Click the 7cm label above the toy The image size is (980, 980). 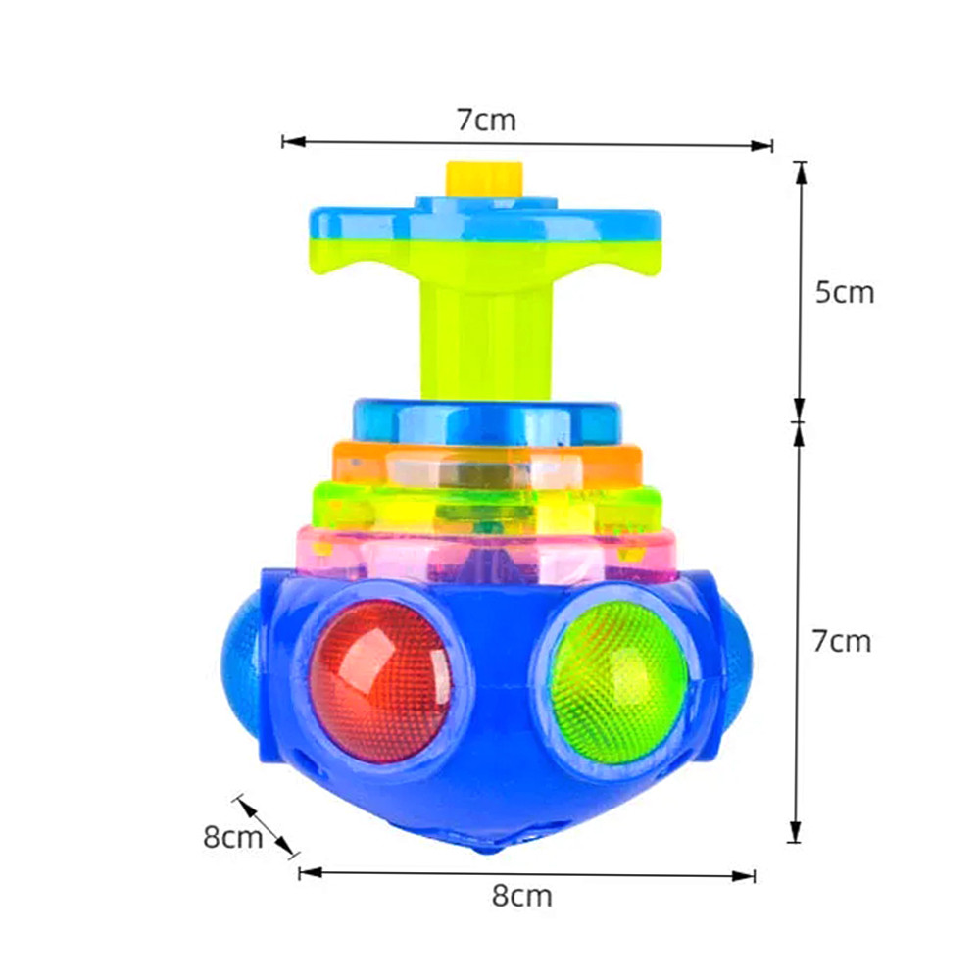pos(485,120)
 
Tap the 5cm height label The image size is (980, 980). pos(844,292)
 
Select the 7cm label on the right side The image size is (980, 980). pos(841,641)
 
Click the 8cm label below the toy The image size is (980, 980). pos(522,895)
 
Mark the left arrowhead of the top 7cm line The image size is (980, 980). pos(288,142)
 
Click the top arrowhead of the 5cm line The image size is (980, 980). pos(801,169)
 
